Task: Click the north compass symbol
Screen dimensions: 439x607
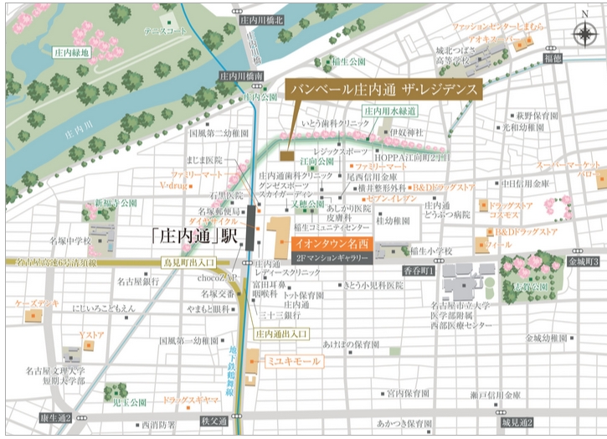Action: coord(583,33)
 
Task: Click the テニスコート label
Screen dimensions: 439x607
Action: coord(165,31)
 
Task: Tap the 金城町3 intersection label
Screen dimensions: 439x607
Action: coord(582,262)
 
